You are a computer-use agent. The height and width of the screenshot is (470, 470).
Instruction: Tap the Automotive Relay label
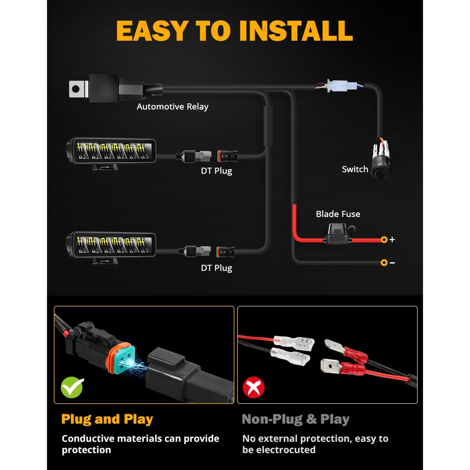[172, 107]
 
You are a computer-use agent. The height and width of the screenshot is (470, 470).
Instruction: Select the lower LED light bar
[110, 247]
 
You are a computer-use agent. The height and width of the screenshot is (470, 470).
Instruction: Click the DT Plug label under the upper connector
[216, 171]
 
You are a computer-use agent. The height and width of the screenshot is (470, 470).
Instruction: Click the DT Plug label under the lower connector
[216, 268]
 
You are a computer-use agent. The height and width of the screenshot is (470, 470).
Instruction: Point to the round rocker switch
[381, 166]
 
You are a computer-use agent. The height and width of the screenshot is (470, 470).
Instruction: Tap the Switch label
[355, 169]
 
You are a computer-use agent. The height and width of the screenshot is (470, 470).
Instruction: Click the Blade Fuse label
[338, 214]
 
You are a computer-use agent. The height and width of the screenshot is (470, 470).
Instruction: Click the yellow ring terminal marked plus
[384, 240]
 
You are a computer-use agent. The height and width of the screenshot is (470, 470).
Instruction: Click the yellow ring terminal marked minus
[384, 263]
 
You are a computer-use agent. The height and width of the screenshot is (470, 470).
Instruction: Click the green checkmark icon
[72, 387]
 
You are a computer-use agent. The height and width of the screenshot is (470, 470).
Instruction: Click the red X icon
[254, 387]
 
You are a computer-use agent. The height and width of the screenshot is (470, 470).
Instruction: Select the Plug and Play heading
[107, 419]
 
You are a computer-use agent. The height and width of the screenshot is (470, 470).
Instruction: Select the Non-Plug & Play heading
[296, 419]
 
